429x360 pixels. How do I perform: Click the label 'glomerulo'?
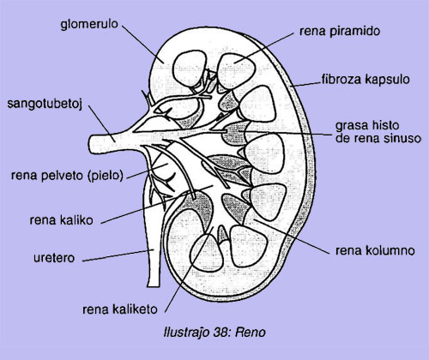pyautogui.click(x=89, y=25)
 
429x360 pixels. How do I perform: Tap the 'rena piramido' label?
pyautogui.click(x=340, y=31)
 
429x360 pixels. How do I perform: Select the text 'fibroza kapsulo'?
pyautogui.click(x=366, y=79)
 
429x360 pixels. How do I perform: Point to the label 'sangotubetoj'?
pyautogui.click(x=45, y=104)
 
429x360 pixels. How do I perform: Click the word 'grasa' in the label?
pyautogui.click(x=351, y=126)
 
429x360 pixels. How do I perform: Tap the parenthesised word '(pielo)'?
pyautogui.click(x=106, y=176)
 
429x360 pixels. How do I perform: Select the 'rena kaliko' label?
pyautogui.click(x=62, y=220)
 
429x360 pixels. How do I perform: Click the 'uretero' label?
pyautogui.click(x=54, y=258)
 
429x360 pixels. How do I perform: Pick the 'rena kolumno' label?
pyautogui.click(x=375, y=250)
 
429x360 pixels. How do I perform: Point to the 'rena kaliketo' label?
pyautogui.click(x=120, y=309)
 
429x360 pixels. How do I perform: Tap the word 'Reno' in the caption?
pyautogui.click(x=251, y=333)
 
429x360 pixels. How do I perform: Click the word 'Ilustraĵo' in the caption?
pyautogui.click(x=186, y=333)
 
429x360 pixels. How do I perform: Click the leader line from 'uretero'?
pyautogui.click(x=118, y=255)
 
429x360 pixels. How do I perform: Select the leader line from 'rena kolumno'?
pyautogui.click(x=291, y=237)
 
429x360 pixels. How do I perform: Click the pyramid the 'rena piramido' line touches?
pyautogui.click(x=236, y=71)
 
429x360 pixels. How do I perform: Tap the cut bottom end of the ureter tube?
pyautogui.click(x=154, y=285)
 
